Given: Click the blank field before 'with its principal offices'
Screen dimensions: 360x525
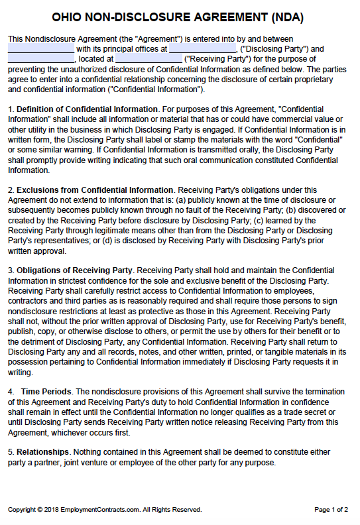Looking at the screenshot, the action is pos(41,49).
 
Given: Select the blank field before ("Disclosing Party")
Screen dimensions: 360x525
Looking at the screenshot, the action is pos(202,49).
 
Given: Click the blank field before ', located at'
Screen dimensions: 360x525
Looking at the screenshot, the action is pos(41,59).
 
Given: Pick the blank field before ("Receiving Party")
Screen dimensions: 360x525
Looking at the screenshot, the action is pos(149,59).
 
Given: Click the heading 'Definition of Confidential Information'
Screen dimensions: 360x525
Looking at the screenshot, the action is pos(87,109).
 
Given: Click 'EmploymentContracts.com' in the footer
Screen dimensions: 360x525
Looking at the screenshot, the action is pos(97,510).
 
